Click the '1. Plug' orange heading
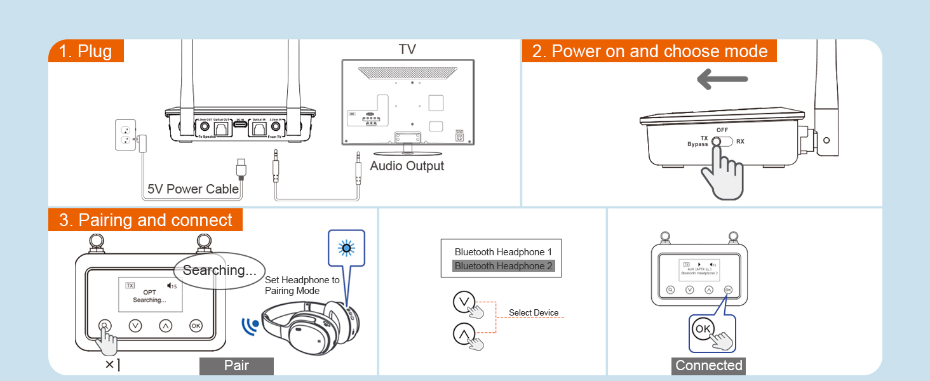[x=86, y=51]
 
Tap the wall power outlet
[x=125, y=135]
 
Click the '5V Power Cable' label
[x=193, y=189]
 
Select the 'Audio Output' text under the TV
[x=407, y=166]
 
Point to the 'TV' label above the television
[x=407, y=50]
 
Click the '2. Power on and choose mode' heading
[x=649, y=51]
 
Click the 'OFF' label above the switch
[x=722, y=130]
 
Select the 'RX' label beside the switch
[x=740, y=142]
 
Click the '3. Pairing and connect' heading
[x=145, y=220]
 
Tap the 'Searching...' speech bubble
[x=219, y=271]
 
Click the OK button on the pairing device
[x=196, y=326]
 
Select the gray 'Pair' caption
[x=236, y=366]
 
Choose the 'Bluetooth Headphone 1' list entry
[x=503, y=252]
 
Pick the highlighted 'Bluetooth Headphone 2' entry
[x=503, y=266]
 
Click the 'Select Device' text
[x=534, y=313]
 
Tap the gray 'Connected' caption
[x=708, y=366]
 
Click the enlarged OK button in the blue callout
[x=703, y=329]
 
